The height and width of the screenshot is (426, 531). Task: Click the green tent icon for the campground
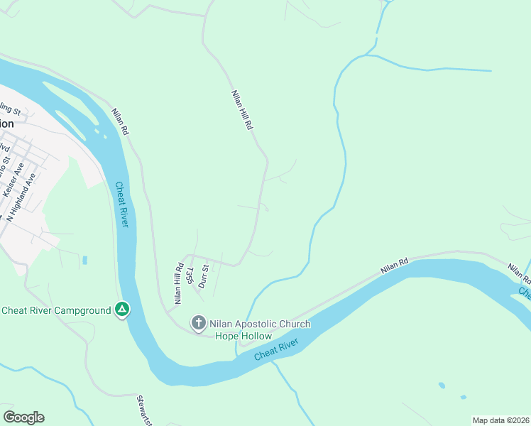(x=123, y=310)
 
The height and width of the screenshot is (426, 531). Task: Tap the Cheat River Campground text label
(x=57, y=310)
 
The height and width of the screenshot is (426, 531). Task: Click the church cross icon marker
(x=199, y=324)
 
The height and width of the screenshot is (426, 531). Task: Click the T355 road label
(x=190, y=275)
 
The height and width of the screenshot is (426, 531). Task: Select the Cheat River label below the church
(x=277, y=349)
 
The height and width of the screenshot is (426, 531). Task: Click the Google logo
(x=23, y=417)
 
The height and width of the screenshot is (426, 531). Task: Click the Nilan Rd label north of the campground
(x=119, y=121)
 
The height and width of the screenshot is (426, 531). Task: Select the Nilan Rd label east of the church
(x=395, y=266)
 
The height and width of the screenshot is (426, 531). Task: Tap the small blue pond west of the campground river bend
(x=84, y=260)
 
